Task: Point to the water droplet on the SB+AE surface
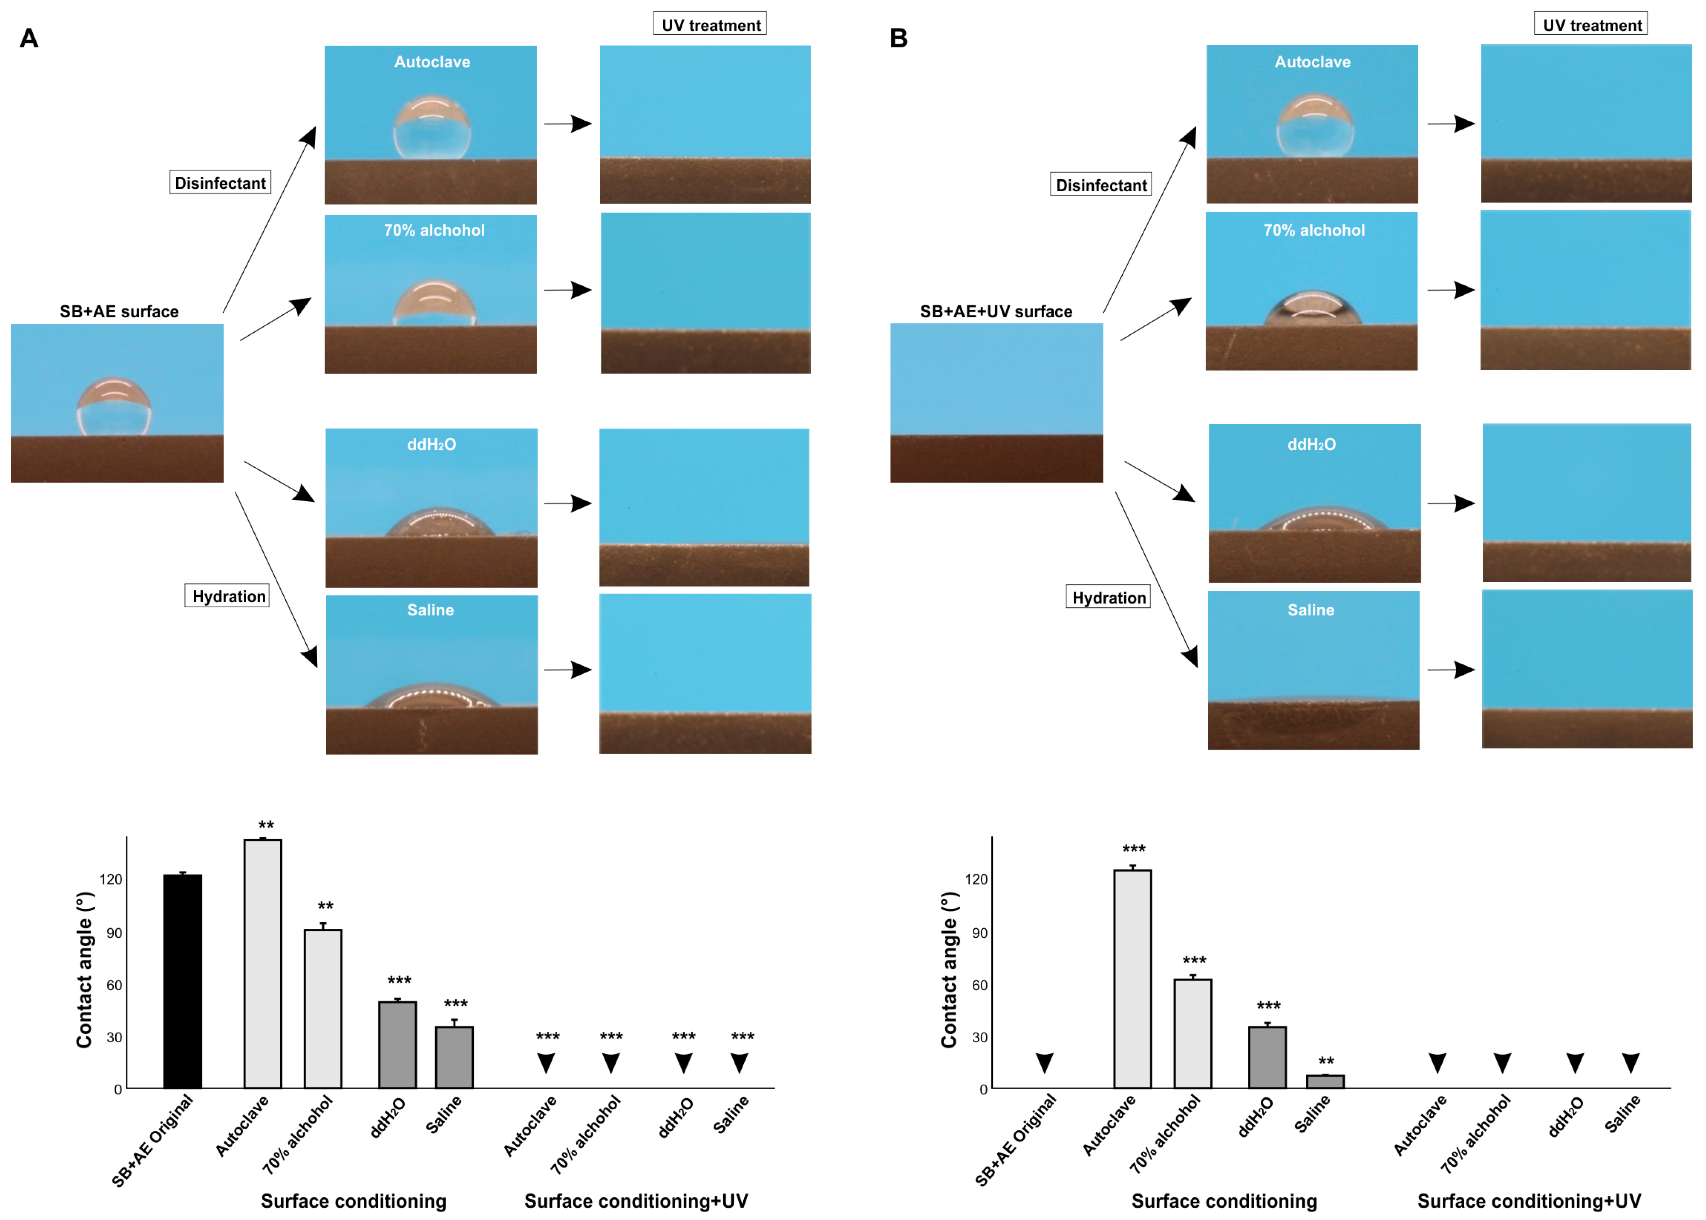(x=114, y=406)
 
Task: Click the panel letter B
(x=898, y=38)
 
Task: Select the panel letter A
(x=29, y=38)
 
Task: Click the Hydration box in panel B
(x=1108, y=597)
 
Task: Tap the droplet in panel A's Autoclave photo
(x=432, y=128)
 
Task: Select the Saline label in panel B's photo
(x=1311, y=610)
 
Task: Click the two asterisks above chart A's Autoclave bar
(x=266, y=825)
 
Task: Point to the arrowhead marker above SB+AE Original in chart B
(x=1044, y=1062)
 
